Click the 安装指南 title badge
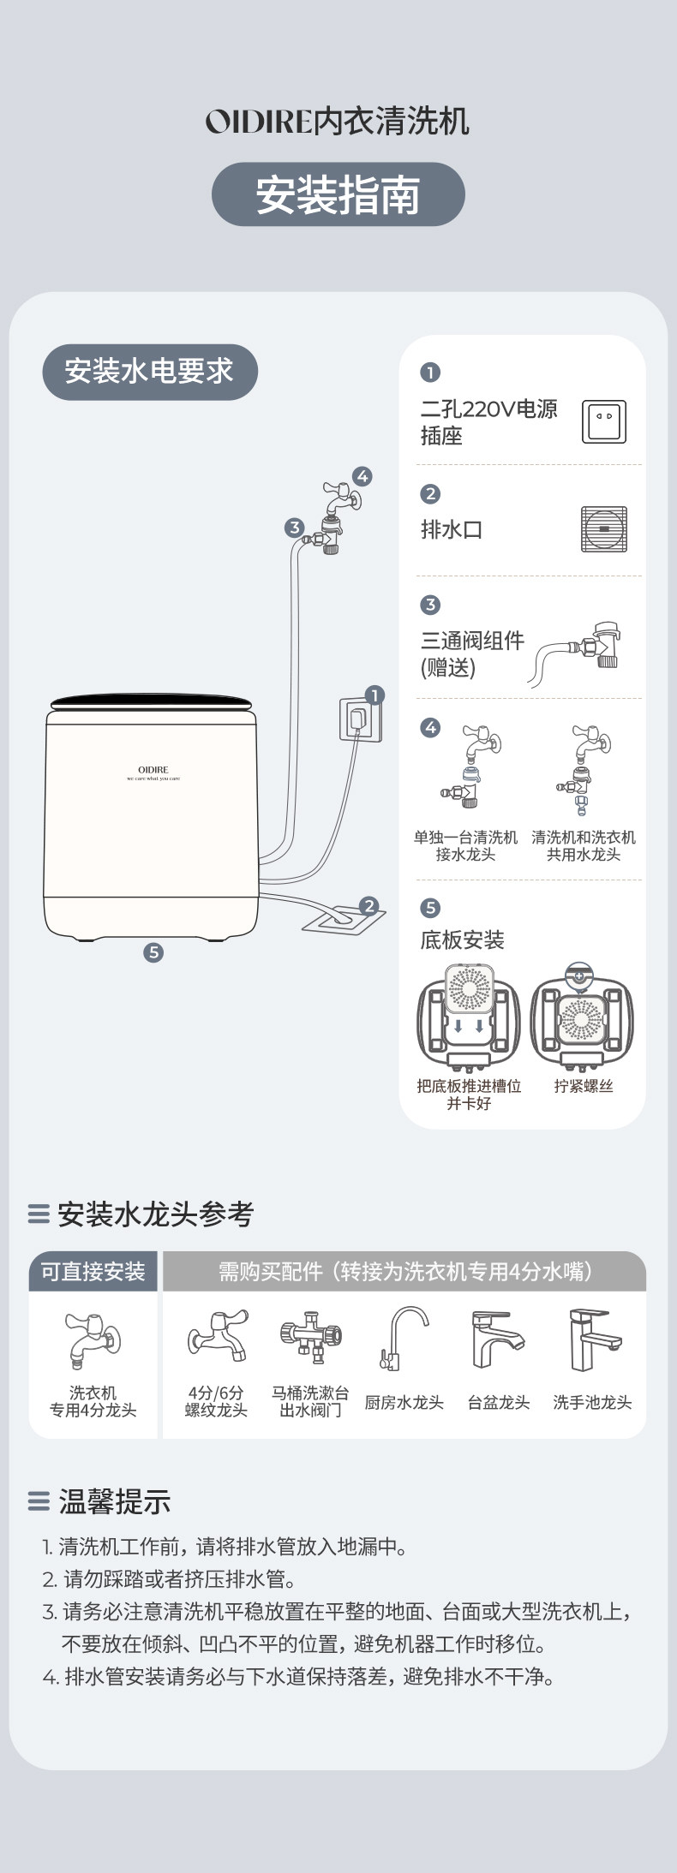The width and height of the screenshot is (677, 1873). tap(338, 194)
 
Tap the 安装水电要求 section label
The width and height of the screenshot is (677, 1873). tap(149, 372)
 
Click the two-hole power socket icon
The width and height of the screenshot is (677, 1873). tap(603, 421)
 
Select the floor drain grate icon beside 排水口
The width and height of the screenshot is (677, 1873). tap(603, 528)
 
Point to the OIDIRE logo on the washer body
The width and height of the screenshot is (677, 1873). tap(153, 771)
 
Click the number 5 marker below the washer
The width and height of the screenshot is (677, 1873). tap(153, 951)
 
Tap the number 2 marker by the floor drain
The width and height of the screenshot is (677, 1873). tap(369, 905)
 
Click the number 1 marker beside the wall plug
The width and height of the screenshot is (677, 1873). tap(374, 695)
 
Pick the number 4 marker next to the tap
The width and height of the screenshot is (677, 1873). tap(362, 476)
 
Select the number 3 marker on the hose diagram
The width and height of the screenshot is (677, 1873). tap(294, 528)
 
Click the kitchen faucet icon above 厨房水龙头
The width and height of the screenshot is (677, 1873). tap(404, 1339)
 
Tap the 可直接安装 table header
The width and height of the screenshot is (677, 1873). tap(93, 1271)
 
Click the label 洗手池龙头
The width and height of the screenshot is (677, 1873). tap(592, 1402)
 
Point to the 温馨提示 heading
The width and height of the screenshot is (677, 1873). tap(114, 1500)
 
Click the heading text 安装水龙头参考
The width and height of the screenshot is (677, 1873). tap(155, 1214)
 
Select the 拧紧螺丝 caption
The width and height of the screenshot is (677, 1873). tap(584, 1086)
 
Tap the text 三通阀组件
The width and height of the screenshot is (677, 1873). tap(472, 641)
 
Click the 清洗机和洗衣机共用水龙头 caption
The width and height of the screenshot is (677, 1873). tap(584, 845)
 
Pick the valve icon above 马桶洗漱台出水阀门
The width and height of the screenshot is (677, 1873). tap(310, 1335)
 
